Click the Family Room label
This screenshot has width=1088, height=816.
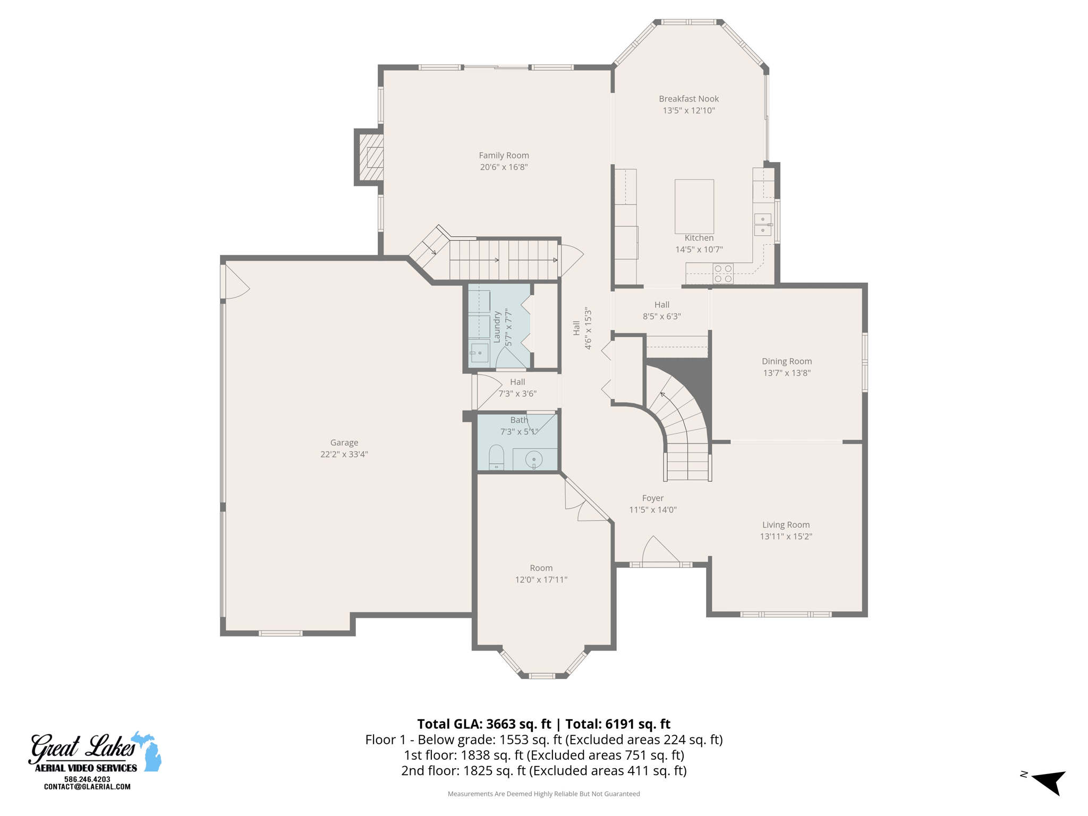coord(504,155)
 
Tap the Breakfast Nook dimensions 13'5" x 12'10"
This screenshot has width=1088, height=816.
coord(688,110)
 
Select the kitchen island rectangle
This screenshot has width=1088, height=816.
coord(694,206)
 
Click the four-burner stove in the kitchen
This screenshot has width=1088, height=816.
coord(723,274)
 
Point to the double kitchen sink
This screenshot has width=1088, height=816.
coord(762,225)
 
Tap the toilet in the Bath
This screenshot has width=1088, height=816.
coord(496,457)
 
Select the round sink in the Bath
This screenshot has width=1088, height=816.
coord(533,459)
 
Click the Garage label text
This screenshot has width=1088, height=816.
coord(344,443)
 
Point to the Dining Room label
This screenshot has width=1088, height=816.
coord(786,361)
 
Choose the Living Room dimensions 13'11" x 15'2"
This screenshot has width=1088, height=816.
coord(786,537)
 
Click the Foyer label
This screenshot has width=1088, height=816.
coord(652,498)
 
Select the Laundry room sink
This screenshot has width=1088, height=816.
coord(479,353)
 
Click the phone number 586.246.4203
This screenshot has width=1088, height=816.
coord(87,779)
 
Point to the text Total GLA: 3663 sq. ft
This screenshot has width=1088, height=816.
coord(484,724)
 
